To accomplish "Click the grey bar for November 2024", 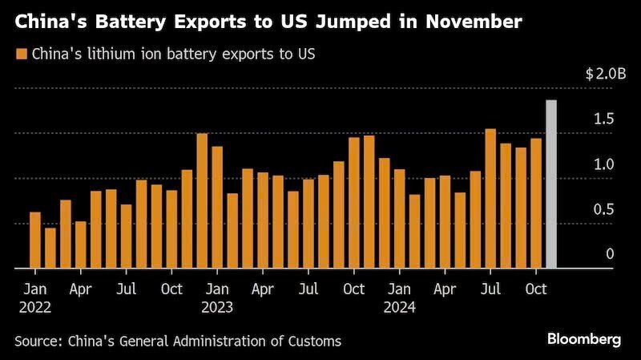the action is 551,184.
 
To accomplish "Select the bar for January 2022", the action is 35,241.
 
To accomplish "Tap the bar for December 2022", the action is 202,201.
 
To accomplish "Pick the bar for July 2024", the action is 490,198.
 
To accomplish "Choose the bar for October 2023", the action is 354,203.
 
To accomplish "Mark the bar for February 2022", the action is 50,248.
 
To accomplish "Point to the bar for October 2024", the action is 536,204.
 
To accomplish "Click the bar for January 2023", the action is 217,208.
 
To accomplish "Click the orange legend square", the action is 22,54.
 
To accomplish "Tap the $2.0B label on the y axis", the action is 606,74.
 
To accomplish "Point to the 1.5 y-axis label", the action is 604,119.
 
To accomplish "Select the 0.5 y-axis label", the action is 604,209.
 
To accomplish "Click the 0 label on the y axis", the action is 610,254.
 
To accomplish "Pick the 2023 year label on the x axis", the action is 217,307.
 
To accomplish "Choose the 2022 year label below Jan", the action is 35,307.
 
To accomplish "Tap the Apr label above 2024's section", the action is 445,289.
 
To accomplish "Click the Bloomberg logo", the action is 584,339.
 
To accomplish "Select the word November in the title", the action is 474,22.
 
